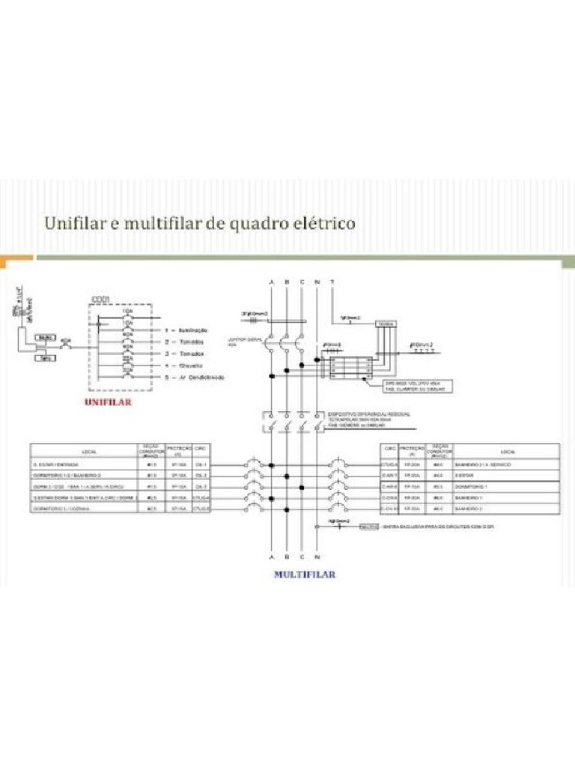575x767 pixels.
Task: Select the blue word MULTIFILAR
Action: (x=304, y=575)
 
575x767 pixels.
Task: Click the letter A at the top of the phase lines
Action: (x=271, y=281)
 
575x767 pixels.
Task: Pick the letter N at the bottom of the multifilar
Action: (x=317, y=558)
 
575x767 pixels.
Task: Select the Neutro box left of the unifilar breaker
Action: (x=44, y=338)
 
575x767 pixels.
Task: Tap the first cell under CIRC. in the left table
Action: (x=201, y=464)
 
